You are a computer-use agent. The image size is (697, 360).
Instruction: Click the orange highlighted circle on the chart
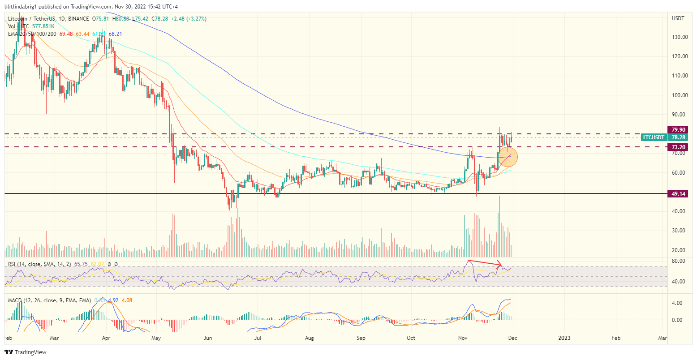tap(505, 157)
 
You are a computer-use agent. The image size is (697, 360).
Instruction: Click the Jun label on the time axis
tap(208, 339)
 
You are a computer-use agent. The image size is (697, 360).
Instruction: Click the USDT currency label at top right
tap(678, 18)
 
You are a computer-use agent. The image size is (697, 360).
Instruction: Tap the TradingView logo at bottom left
tap(26, 352)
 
